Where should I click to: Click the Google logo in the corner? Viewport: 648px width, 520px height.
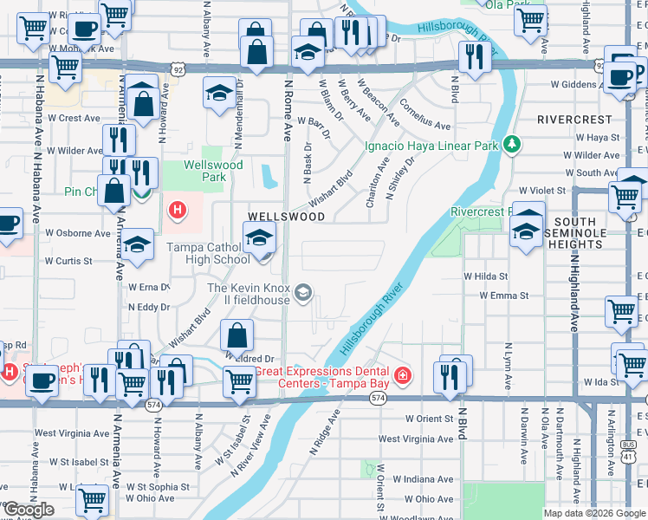(29, 510)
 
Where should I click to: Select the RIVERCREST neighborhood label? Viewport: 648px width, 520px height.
(573, 118)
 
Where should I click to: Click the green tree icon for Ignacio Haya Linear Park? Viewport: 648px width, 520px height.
(512, 145)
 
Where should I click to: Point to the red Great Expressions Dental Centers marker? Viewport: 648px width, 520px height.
(403, 375)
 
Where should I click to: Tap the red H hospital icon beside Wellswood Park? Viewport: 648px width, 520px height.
(178, 210)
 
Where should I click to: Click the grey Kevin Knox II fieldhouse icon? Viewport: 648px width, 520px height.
(302, 293)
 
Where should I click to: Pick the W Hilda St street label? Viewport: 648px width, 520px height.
(485, 276)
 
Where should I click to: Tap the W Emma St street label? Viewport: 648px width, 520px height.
(504, 296)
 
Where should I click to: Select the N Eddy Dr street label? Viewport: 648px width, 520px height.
(149, 307)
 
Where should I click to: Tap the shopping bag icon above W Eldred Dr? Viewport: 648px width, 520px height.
(237, 336)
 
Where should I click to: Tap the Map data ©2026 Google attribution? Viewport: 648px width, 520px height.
(594, 513)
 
